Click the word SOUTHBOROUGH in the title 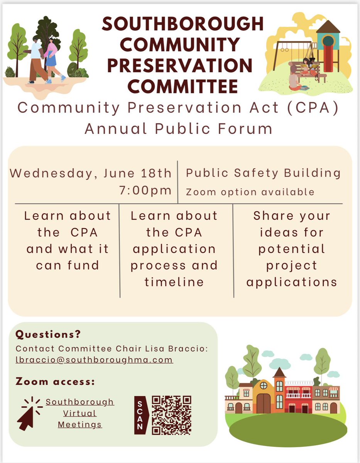pyautogui.click(x=183, y=25)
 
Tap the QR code pyautogui.click(x=172, y=415)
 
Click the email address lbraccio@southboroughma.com pyautogui.click(x=94, y=360)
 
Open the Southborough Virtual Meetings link pyautogui.click(x=80, y=413)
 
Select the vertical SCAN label pyautogui.click(x=140, y=415)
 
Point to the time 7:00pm pyautogui.click(x=145, y=190)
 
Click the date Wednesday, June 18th pyautogui.click(x=90, y=173)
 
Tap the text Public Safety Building pyautogui.click(x=263, y=173)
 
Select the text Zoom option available pyautogui.click(x=250, y=192)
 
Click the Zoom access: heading pyautogui.click(x=55, y=382)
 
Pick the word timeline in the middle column pyautogui.click(x=174, y=282)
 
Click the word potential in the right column pyautogui.click(x=292, y=249)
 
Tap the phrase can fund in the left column pyautogui.click(x=68, y=265)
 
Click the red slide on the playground pyautogui.click(x=328, y=58)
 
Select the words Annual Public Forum pyautogui.click(x=178, y=128)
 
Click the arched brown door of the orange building pyautogui.click(x=264, y=403)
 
